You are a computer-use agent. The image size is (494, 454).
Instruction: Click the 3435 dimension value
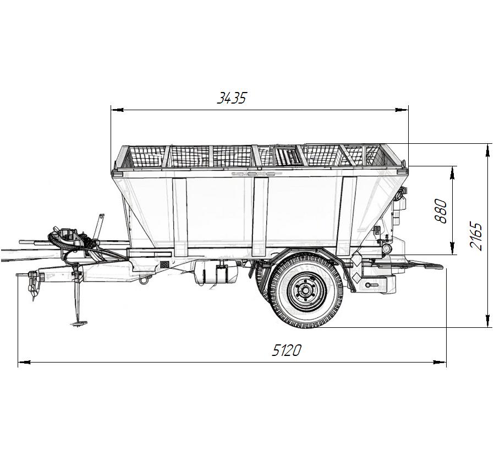click(x=232, y=98)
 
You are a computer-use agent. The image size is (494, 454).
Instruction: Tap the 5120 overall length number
click(x=287, y=350)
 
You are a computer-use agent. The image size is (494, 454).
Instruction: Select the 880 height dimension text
click(x=441, y=211)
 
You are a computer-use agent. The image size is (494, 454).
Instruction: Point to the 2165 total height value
click(x=475, y=236)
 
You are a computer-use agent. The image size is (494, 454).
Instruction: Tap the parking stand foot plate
click(x=78, y=323)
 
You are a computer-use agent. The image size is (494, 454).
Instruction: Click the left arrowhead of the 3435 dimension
click(x=117, y=110)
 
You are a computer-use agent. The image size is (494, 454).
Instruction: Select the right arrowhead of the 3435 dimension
click(x=402, y=110)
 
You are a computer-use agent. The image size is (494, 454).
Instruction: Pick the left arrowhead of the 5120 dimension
click(x=24, y=362)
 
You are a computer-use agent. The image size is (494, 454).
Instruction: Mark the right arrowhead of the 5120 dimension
click(x=440, y=362)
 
